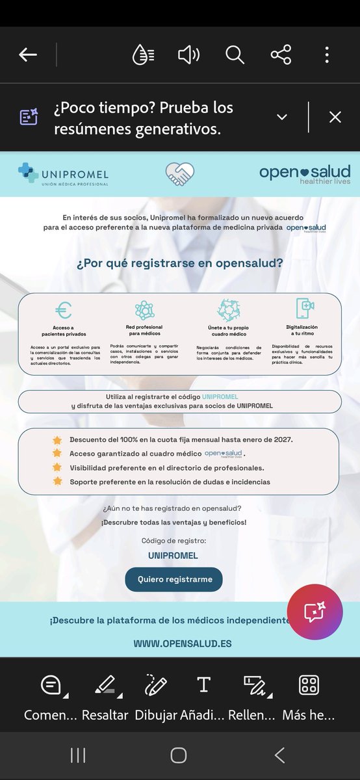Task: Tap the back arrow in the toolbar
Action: coord(28,55)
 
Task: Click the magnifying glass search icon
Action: coord(235,55)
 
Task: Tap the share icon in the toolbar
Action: coord(281,55)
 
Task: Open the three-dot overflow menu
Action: coord(327,55)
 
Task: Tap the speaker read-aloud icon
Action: coord(188,55)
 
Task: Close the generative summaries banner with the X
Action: coord(335,117)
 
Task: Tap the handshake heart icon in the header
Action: coord(180,174)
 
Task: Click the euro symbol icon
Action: coord(63,310)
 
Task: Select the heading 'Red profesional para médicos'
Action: coord(144,330)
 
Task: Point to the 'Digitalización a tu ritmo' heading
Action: coord(302,331)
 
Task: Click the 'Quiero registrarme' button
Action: coord(174,579)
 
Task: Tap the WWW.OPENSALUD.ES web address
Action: coord(183,643)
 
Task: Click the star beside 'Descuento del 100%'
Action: coord(57,439)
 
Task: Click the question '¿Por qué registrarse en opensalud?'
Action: coord(179,263)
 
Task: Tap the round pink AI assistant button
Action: coord(315,612)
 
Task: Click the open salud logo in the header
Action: coord(305,174)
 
